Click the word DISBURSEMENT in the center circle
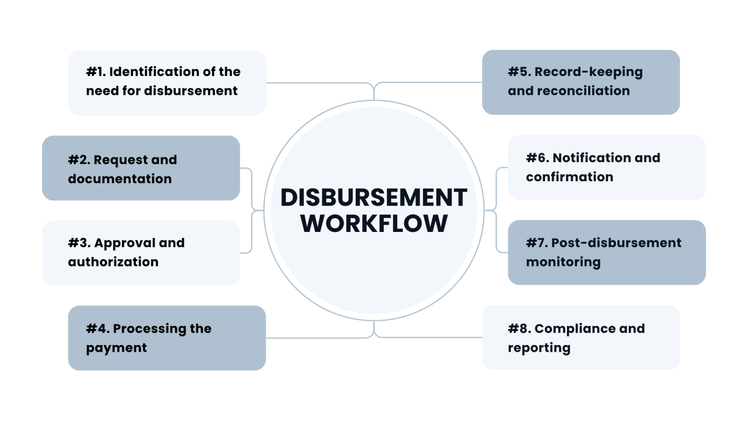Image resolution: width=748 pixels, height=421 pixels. pos(374,197)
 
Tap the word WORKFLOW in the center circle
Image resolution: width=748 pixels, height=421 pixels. pos(374,224)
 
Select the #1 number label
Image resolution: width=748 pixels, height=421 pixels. pos(96,72)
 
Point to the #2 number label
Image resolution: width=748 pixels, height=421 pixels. pos(79,160)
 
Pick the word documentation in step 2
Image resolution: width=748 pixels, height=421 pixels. pos(120,179)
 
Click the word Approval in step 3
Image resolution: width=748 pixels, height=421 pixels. pos(124,243)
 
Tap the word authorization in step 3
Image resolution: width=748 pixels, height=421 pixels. pos(113,262)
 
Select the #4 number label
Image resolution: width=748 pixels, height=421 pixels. pos(97,328)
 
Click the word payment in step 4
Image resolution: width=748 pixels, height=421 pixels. pos(116,348)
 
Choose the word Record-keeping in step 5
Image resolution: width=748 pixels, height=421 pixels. pos(588,72)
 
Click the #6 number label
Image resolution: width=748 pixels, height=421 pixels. pos(537,158)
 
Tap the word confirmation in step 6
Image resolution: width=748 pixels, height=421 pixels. pos(569,177)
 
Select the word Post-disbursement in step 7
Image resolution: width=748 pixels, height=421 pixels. pos(616,243)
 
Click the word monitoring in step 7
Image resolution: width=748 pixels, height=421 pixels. pos(563,262)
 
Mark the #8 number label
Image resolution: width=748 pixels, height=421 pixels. pos(519,328)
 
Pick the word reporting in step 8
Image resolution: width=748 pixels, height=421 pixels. pos(539,348)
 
